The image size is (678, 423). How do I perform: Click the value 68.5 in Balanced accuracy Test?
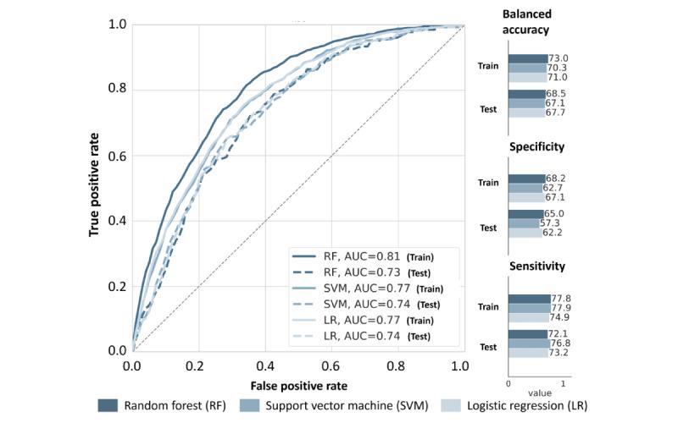click(x=556, y=93)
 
